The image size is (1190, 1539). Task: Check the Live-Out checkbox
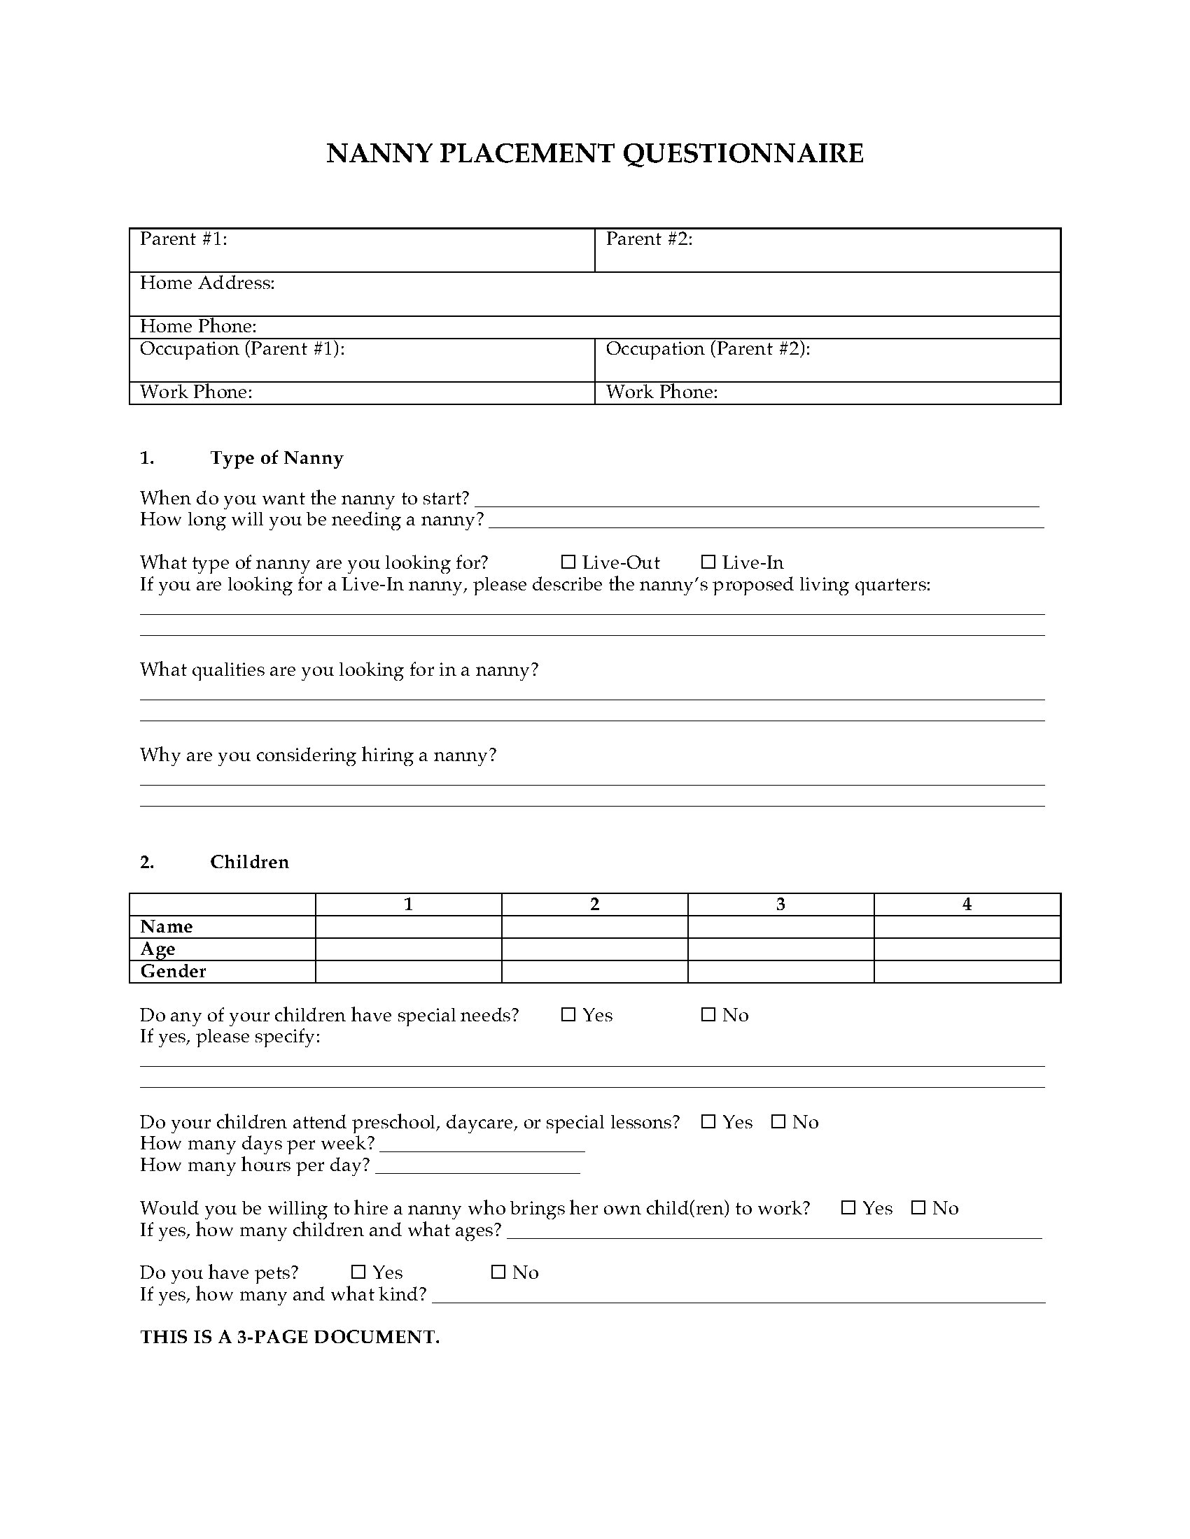coord(568,562)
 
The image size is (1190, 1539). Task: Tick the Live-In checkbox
coord(708,562)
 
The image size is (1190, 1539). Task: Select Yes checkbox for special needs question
coord(568,1015)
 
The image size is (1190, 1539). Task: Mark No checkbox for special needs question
coord(708,1015)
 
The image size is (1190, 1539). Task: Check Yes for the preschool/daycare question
coord(708,1122)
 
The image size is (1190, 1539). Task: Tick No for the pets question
coord(498,1272)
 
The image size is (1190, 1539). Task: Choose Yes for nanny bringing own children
coord(849,1208)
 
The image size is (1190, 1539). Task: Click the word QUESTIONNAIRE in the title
coord(742,154)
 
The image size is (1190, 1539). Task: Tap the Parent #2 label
coord(650,239)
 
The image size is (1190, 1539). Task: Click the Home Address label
coord(207,283)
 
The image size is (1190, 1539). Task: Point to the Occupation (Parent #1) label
coord(241,349)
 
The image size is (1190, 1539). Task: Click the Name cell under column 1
coord(408,927)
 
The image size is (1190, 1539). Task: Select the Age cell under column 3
coord(780,949)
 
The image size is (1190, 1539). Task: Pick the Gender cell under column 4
coord(967,972)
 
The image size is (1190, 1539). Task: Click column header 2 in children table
coord(594,905)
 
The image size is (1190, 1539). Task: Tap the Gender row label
coord(174,972)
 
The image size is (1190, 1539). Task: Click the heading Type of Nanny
coord(276,458)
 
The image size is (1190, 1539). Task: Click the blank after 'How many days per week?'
coord(482,1145)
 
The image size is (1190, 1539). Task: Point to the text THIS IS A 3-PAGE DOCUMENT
coord(290,1338)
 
